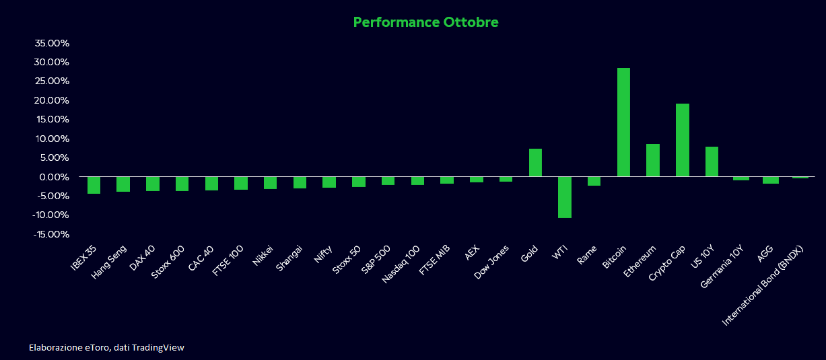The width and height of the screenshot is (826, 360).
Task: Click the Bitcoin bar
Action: coord(623,122)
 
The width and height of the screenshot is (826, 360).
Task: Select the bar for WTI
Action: coord(565,197)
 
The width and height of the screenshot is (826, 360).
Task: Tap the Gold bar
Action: coord(535,163)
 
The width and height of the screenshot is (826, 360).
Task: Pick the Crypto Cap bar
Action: coord(683,141)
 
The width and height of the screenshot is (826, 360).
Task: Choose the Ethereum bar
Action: coord(653,160)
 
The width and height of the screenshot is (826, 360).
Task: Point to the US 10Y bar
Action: coord(712,161)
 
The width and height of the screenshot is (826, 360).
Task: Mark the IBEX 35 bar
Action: coord(94,185)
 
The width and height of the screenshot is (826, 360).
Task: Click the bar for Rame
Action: coord(594,181)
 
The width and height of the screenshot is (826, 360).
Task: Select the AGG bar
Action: coord(771,180)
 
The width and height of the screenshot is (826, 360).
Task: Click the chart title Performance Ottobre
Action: coord(426,22)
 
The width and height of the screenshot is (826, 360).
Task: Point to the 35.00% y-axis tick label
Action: coord(52,43)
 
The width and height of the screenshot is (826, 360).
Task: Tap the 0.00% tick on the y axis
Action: coord(55,177)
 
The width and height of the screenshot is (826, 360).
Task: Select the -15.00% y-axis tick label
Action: coord(51,234)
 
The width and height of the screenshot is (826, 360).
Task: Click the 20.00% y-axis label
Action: coord(52,100)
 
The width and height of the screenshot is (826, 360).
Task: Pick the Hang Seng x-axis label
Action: coord(109,262)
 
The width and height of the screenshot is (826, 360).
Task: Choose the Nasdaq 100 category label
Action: coord(401,264)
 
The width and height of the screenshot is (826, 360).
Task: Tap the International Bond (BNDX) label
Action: coord(762,285)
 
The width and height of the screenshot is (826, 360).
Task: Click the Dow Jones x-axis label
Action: coord(491,262)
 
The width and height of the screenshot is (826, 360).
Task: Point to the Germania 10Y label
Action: coord(722,266)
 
